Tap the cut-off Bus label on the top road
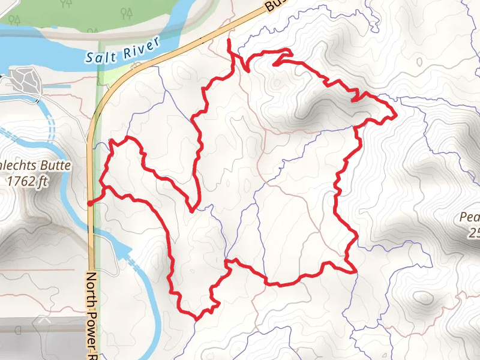pos(273,5)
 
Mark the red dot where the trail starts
pos(90,204)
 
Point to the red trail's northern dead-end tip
pos(229,40)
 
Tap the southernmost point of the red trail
pos(196,317)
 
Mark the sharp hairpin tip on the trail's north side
pos(274,62)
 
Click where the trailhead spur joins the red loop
pos(106,188)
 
